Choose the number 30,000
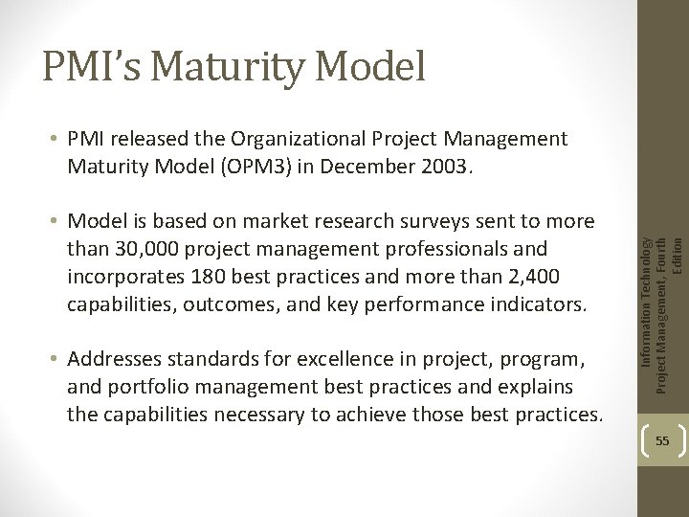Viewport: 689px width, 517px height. coord(142,249)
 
